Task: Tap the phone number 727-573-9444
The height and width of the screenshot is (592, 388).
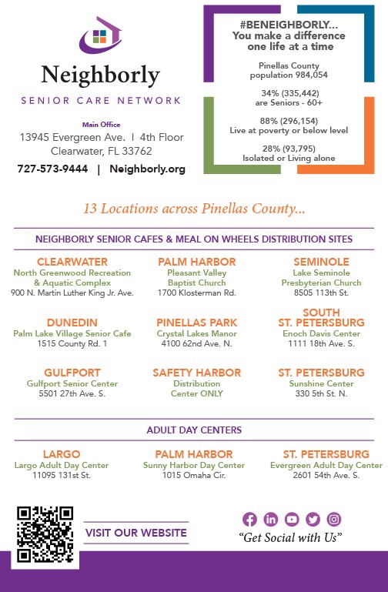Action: coord(52,169)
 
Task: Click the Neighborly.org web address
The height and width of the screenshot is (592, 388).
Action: coord(148,169)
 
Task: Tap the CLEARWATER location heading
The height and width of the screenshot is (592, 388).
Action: coord(72,262)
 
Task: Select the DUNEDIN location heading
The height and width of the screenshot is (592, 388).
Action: coord(72,322)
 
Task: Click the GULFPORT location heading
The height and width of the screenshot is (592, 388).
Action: coord(72,373)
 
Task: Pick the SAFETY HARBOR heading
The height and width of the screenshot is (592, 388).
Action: coord(196,373)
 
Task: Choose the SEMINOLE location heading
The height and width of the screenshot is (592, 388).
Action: coord(321,262)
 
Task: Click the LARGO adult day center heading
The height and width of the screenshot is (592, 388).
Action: coord(62,454)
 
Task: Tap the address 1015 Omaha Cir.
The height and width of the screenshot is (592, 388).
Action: coord(194,476)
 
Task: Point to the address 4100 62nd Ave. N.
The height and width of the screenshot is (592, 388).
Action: coord(196,344)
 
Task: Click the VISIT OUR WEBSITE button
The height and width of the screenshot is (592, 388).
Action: coord(136,533)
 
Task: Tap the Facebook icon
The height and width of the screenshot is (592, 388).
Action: coord(249,519)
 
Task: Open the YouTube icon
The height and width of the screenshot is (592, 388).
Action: coord(292,519)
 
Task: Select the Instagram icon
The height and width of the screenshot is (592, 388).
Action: coord(334,519)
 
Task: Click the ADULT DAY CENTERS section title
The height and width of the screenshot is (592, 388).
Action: coord(194,430)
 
